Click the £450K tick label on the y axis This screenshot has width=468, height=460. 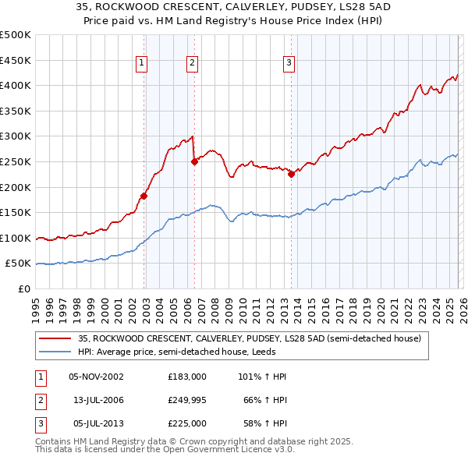pos(16,60)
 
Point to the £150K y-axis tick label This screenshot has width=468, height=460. pos(16,212)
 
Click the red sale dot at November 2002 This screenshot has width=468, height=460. pos(144,196)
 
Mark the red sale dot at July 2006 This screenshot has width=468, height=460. pos(194,161)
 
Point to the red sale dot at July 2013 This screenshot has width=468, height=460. pos(291,175)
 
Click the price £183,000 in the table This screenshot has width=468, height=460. pos(187,377)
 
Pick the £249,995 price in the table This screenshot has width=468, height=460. pos(187,400)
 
